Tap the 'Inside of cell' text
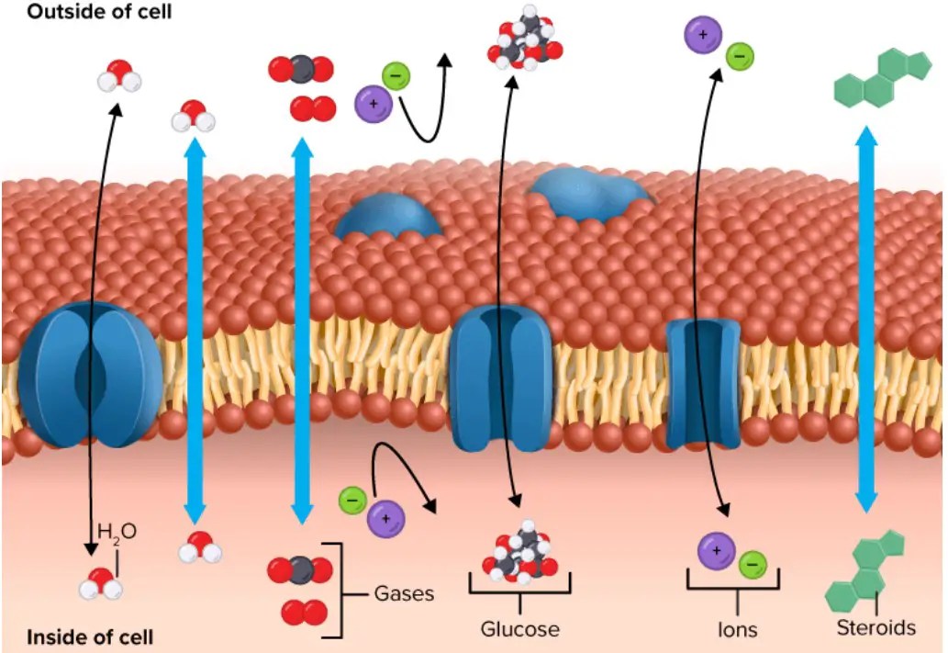[89, 636]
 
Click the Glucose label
[519, 629]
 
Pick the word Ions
[737, 630]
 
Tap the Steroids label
[876, 628]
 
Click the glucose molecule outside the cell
[524, 39]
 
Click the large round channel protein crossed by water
[90, 375]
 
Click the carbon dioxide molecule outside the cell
[300, 69]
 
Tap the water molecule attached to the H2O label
[101, 582]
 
